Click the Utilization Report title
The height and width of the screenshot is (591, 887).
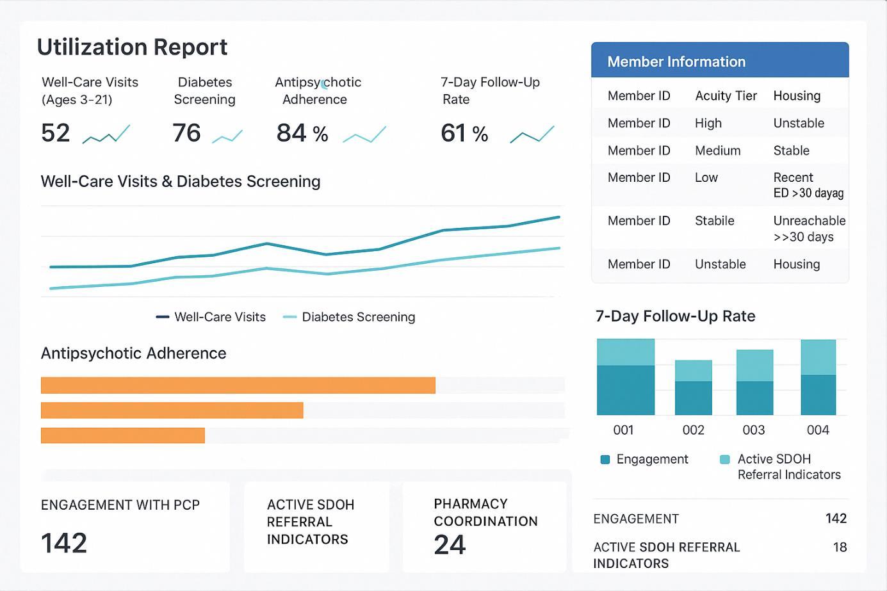click(x=132, y=47)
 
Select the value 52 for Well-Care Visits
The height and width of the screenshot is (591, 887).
click(x=56, y=133)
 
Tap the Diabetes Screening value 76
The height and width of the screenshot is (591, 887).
click(x=186, y=133)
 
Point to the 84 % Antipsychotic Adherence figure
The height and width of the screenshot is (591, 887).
click(x=302, y=133)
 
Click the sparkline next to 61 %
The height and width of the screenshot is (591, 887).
click(x=532, y=134)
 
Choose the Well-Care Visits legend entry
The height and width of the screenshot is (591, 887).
click(x=211, y=317)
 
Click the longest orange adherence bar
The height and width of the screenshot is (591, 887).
click(x=238, y=385)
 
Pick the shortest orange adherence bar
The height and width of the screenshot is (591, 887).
click(x=122, y=435)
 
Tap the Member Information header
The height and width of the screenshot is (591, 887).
click(x=676, y=61)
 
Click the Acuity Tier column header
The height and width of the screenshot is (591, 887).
click(x=726, y=96)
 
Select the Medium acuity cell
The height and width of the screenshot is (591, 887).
click(x=717, y=150)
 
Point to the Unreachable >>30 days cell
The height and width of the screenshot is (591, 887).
click(x=809, y=229)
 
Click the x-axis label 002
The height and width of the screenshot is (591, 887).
click(x=693, y=430)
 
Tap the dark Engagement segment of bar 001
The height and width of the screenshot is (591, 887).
click(x=625, y=390)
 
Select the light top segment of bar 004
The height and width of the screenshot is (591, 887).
click(x=818, y=357)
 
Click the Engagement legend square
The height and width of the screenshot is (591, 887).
click(x=605, y=459)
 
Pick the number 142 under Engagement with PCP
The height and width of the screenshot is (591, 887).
click(x=64, y=543)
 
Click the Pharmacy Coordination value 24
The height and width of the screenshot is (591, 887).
click(x=450, y=545)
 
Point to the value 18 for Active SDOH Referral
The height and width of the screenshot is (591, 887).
click(x=840, y=547)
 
